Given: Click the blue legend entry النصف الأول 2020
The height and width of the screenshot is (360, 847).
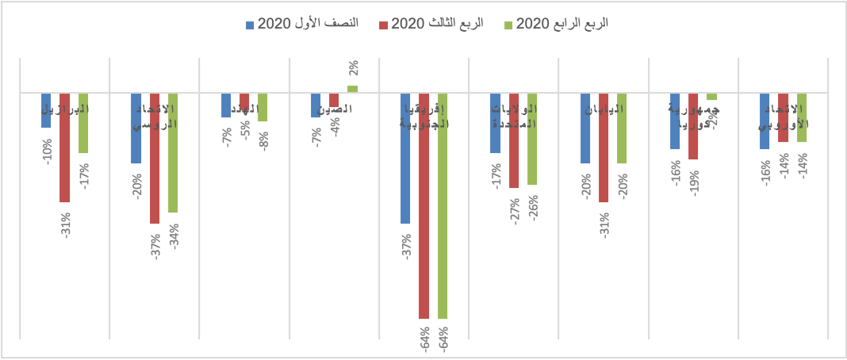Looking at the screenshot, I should tap(302, 23).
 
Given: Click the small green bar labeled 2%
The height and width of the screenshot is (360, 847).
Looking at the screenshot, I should tap(352, 89).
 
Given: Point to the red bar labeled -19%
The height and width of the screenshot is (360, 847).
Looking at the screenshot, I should tap(693, 126).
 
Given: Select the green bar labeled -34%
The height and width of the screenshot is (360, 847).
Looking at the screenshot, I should tap(173, 152).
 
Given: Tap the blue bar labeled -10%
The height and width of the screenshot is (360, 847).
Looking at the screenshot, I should tap(46, 110).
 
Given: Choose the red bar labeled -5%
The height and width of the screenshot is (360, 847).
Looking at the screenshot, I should tap(244, 101).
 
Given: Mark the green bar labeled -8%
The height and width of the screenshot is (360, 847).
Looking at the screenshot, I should tap(263, 107).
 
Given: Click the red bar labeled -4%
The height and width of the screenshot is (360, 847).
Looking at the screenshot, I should tap(334, 100).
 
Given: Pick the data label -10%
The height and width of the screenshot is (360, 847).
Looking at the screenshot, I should tap(47, 151).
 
